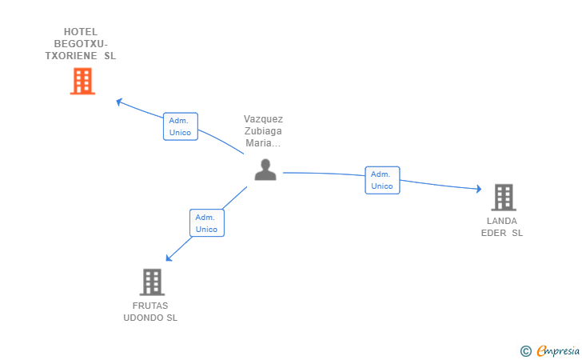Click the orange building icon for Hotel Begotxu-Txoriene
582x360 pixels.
[x=82, y=81]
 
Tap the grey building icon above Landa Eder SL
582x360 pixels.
[x=503, y=197]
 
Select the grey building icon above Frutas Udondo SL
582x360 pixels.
[x=152, y=282]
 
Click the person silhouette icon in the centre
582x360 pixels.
[x=265, y=169]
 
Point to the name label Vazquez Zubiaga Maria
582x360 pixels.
[x=264, y=131]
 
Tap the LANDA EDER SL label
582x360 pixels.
[x=502, y=227]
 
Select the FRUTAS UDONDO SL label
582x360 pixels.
[x=150, y=312]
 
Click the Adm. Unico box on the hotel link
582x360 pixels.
[x=180, y=126]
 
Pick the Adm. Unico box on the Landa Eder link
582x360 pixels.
[x=382, y=180]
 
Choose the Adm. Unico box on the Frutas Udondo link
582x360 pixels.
[x=207, y=223]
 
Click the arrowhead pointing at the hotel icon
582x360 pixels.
[x=119, y=102]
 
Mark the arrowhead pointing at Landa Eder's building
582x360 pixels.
[x=478, y=189]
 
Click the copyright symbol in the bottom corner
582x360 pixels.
[x=525, y=350]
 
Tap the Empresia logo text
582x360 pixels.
[x=558, y=350]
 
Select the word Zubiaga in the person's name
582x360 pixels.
[x=264, y=131]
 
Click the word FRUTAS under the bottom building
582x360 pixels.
[x=151, y=306]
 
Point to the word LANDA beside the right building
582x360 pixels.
[x=502, y=221]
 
